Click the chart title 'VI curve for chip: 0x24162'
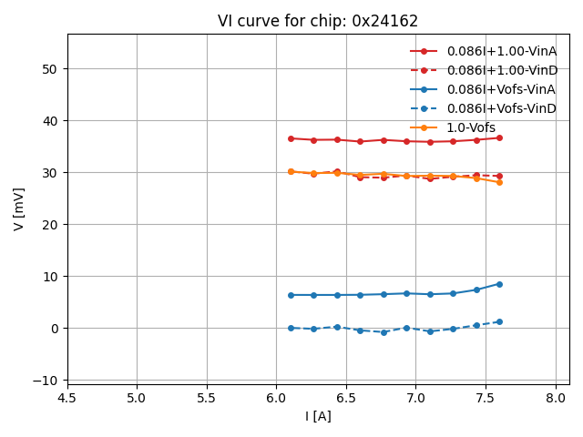[x=317, y=21]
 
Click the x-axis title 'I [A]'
[x=318, y=416]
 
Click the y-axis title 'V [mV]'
[x=19, y=208]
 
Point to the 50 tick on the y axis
[x=48, y=69]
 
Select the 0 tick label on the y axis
[x=53, y=329]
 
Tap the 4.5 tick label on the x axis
[x=66, y=398]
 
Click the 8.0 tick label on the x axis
[x=556, y=398]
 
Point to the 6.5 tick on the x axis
[x=346, y=398]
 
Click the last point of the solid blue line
[x=499, y=284]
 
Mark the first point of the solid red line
[x=291, y=138]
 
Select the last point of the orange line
[x=499, y=182]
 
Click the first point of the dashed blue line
[x=291, y=328]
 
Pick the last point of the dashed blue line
[x=499, y=321]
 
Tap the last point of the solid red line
[x=499, y=137]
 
